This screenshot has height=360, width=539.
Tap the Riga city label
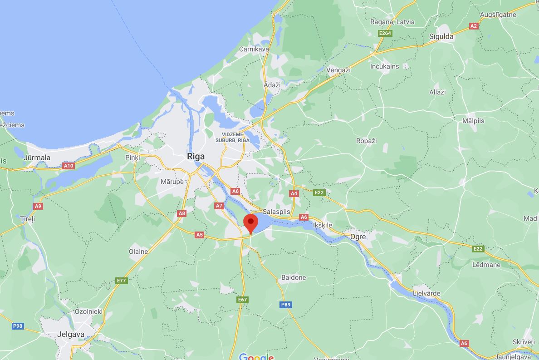(x=196, y=157)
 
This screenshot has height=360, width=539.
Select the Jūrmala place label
(x=37, y=158)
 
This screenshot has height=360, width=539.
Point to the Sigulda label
(x=441, y=37)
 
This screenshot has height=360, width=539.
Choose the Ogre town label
(x=358, y=237)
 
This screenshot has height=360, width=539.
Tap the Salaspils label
(x=276, y=212)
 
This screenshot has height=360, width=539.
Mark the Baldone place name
(x=294, y=277)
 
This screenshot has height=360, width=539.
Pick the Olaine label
(x=138, y=252)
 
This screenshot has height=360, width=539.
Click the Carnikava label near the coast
(x=254, y=49)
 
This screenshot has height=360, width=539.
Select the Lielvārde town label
(x=426, y=293)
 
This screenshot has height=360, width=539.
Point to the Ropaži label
(x=367, y=141)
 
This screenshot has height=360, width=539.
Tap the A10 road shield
(x=69, y=166)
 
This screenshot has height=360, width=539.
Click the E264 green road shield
(x=385, y=33)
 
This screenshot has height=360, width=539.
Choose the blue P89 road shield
(x=285, y=305)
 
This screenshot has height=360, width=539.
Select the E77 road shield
(x=121, y=281)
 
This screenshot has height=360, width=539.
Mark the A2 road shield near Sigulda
(x=474, y=26)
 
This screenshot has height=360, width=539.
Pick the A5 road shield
(x=199, y=235)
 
